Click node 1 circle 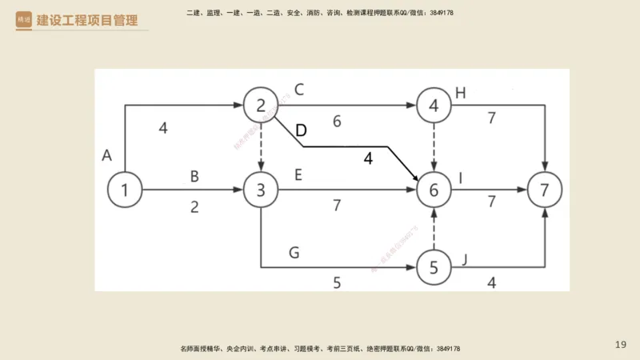pyautogui.click(x=124, y=190)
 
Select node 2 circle pyautogui.click(x=261, y=105)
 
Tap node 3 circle pyautogui.click(x=261, y=190)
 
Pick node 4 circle pyautogui.click(x=434, y=105)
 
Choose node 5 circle pyautogui.click(x=434, y=267)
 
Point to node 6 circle pyautogui.click(x=434, y=190)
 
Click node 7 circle pyautogui.click(x=545, y=190)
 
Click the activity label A pyautogui.click(x=106, y=154)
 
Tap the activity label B pyautogui.click(x=194, y=175)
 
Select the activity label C pyautogui.click(x=299, y=90)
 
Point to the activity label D pyautogui.click(x=301, y=130)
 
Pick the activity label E pyautogui.click(x=298, y=175)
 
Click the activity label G pyautogui.click(x=294, y=253)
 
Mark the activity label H pyautogui.click(x=460, y=91)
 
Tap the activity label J pyautogui.click(x=463, y=258)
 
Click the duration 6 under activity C pyautogui.click(x=337, y=122)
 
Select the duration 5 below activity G pyautogui.click(x=337, y=282)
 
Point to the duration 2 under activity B pyautogui.click(x=194, y=206)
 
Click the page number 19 pyautogui.click(x=621, y=345)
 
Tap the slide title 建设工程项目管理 pyautogui.click(x=86, y=20)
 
